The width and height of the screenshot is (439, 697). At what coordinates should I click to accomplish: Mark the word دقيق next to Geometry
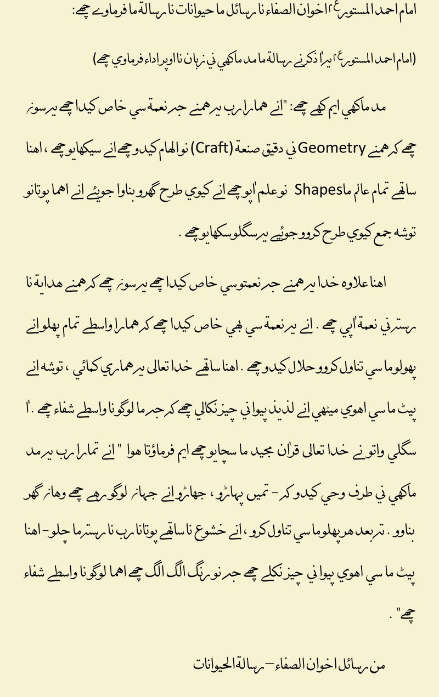coord(269,148)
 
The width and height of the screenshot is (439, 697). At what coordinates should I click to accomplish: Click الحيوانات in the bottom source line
coord(215,665)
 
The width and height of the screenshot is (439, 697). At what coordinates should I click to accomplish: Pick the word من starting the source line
coord(379,666)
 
